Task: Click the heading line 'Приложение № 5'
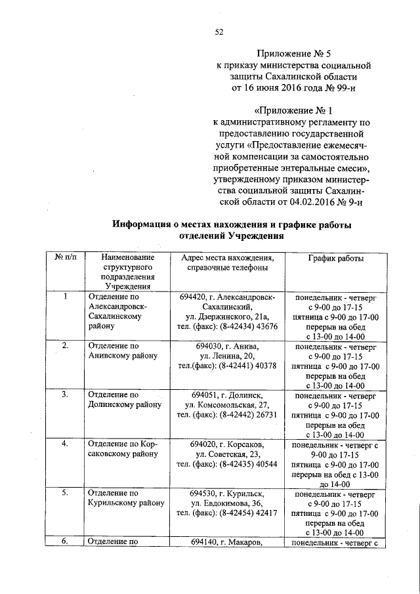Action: [293, 54]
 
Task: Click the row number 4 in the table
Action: [65, 444]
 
